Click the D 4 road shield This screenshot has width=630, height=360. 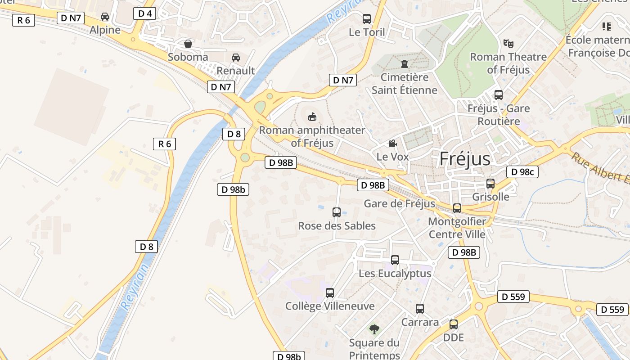click(x=144, y=13)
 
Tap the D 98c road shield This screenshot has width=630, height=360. click(x=522, y=171)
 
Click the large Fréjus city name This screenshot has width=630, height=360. click(x=465, y=159)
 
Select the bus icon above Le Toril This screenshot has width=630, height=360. click(x=367, y=19)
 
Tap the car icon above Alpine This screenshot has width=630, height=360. click(x=105, y=17)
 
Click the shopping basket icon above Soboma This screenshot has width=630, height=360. click(x=188, y=44)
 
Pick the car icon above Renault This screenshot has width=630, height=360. click(x=235, y=58)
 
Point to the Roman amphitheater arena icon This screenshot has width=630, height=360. click(x=312, y=117)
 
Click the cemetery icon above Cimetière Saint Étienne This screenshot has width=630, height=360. click(x=404, y=64)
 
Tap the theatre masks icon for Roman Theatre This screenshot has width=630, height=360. click(x=508, y=44)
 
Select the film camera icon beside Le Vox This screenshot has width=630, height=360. click(x=392, y=144)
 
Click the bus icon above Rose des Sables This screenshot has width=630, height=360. click(x=336, y=212)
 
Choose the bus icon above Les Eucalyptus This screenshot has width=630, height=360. click(x=395, y=260)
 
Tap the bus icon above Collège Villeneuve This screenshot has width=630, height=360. click(x=329, y=293)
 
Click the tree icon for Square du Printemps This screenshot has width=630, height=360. click(x=374, y=329)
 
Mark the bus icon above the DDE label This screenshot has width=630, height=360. click(x=453, y=324)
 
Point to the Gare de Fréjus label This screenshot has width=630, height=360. click(x=400, y=203)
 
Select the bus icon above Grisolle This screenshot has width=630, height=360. click(x=490, y=184)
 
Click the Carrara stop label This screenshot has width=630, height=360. click(x=420, y=322)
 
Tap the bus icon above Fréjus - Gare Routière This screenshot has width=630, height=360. click(x=498, y=95)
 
